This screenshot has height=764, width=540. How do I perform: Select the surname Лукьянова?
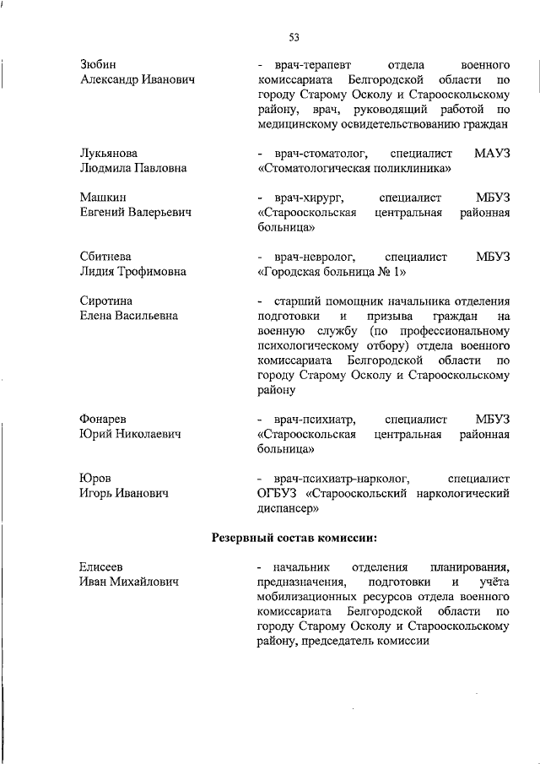(x=108, y=154)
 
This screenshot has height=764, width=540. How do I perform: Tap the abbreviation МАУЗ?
(x=492, y=154)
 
